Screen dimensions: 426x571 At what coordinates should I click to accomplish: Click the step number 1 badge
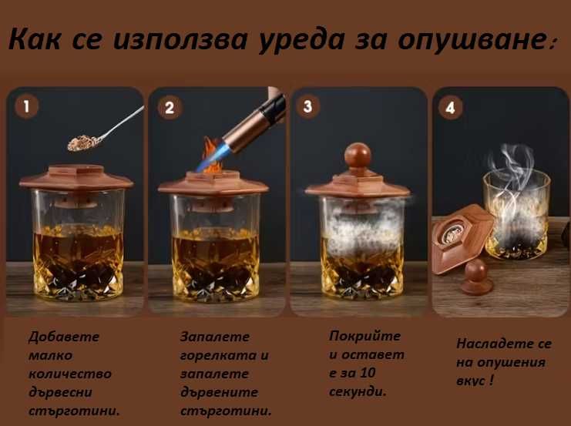point(27,106)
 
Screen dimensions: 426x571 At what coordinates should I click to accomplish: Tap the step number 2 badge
point(170,107)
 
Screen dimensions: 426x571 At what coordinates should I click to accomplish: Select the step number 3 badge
point(308,106)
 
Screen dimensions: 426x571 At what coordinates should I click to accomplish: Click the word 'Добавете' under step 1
point(64,337)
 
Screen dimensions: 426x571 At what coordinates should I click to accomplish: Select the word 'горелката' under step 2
point(218,355)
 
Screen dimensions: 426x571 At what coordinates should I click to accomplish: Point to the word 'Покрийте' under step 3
point(365,336)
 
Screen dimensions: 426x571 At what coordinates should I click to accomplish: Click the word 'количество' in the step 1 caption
point(69,374)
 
